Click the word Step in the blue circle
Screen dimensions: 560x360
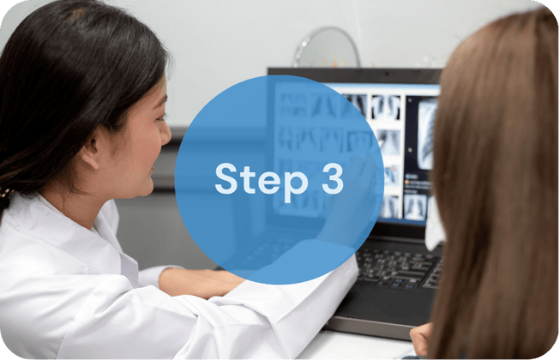coord(261,181)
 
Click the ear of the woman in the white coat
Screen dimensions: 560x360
coord(91,152)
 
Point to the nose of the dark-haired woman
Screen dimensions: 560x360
coord(165,135)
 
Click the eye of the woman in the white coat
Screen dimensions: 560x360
coord(160,117)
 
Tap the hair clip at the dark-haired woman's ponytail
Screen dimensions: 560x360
coord(5,193)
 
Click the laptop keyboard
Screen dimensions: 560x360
coord(398,268)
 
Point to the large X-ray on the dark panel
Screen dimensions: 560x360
coord(427,135)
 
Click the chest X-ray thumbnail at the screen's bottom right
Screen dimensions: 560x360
coord(415,207)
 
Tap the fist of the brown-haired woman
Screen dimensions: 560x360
coord(420,339)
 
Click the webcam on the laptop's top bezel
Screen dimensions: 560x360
coord(386,74)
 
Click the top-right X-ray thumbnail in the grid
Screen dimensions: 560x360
coord(385,107)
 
